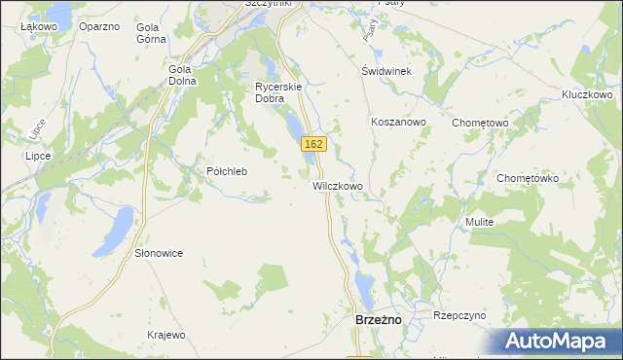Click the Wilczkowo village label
[x=338, y=185]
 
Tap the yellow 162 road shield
[x=312, y=144]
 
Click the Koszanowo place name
[x=398, y=123]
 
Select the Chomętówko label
[x=527, y=179]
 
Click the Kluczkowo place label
[x=586, y=94]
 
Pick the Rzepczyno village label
[x=459, y=315]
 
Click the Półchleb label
[x=228, y=171]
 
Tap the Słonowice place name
[x=159, y=253]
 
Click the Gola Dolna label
[x=182, y=75]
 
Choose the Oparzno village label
[x=98, y=26]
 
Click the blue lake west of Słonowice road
[x=119, y=227]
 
